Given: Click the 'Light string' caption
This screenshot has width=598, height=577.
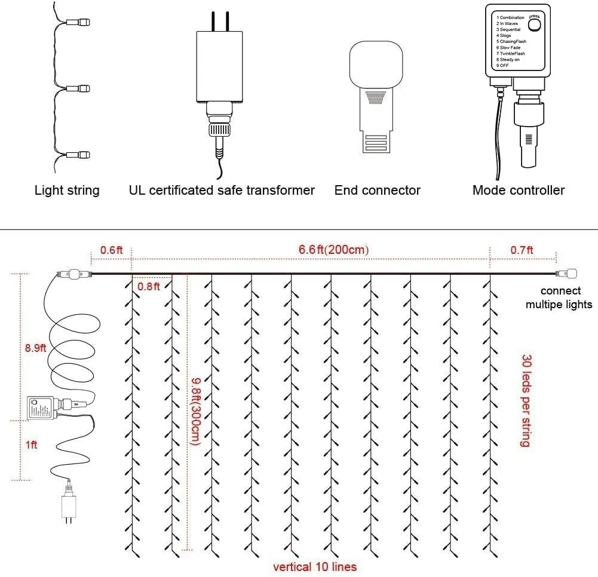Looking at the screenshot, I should coord(67,191).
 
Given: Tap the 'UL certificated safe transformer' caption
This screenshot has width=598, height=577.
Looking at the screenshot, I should coord(222,191).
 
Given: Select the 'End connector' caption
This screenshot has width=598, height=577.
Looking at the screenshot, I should coord(378,191).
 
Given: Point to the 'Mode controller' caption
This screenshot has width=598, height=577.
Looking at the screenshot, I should coord(519,191).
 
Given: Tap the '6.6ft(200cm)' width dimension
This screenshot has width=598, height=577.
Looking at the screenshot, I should coord(334,250).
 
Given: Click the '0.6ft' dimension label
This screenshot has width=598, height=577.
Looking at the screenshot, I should coord(111,250).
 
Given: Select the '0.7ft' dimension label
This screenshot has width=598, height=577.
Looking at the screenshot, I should coord(522,250).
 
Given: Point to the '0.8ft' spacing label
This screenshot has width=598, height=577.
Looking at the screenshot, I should coord(149,286).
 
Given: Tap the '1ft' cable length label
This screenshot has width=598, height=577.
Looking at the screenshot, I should coord(31,444).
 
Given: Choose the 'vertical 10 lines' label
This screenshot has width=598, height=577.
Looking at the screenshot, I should coord(315,566).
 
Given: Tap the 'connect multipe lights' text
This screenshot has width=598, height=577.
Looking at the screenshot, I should coord(559,297).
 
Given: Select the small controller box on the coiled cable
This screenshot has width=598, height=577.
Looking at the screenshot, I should coord(41,409).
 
